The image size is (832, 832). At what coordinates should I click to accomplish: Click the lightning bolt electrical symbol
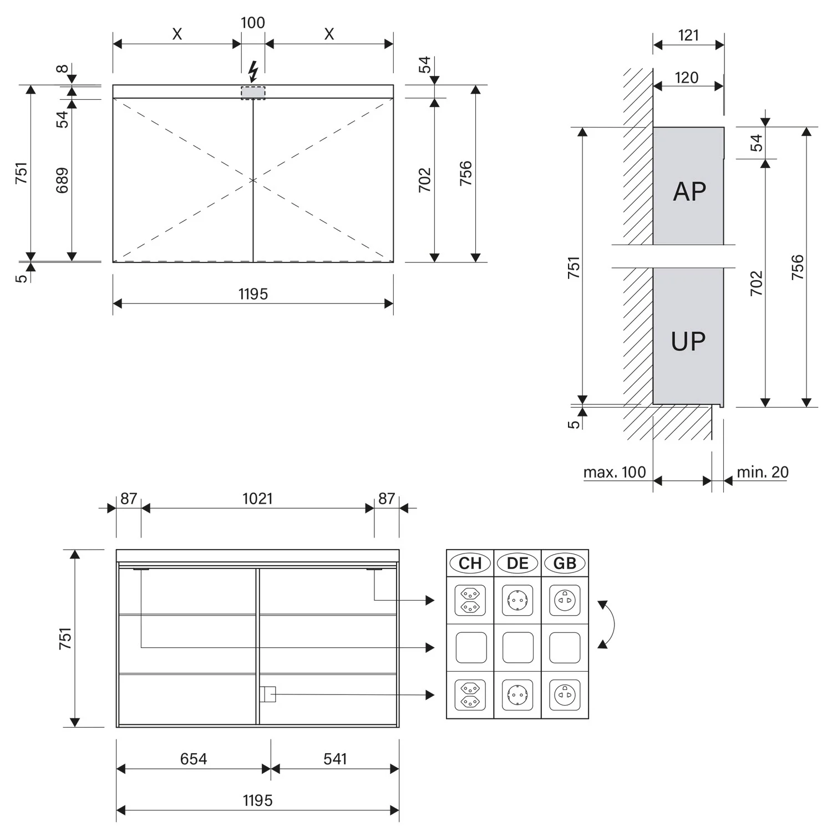tap(253, 71)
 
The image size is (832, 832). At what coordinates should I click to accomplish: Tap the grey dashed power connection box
tap(253, 93)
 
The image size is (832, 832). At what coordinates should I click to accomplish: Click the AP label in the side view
tap(689, 191)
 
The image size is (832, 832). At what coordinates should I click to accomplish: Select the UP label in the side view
tap(688, 341)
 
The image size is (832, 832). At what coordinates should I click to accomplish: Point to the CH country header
tap(470, 564)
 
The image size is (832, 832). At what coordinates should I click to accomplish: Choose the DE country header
tap(518, 564)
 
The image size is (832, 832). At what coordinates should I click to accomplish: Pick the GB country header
tap(565, 564)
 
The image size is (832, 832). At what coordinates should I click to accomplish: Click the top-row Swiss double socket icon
tap(470, 600)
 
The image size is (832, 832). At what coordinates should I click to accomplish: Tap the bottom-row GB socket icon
tap(565, 695)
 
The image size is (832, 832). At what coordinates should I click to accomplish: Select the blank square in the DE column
tap(518, 648)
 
